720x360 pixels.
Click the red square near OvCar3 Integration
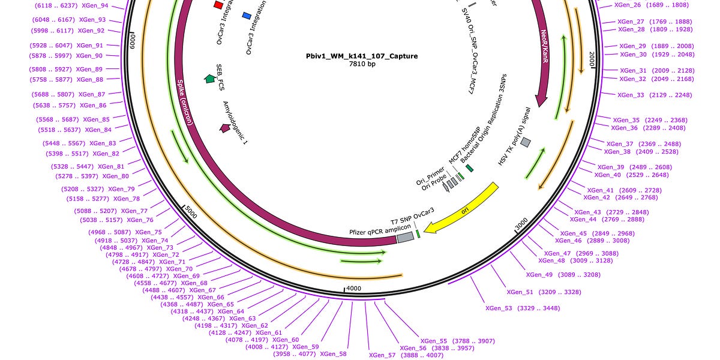click(218, 5)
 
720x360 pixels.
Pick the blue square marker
click(247, 15)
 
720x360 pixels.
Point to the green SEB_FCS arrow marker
click(209, 78)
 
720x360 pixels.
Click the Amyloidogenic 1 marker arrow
click(226, 127)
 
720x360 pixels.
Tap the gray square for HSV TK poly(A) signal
click(526, 142)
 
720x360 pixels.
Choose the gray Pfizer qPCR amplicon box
click(405, 238)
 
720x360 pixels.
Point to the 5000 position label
click(190, 211)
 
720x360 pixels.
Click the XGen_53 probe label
click(499, 308)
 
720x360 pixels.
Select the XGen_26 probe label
click(628, 5)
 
